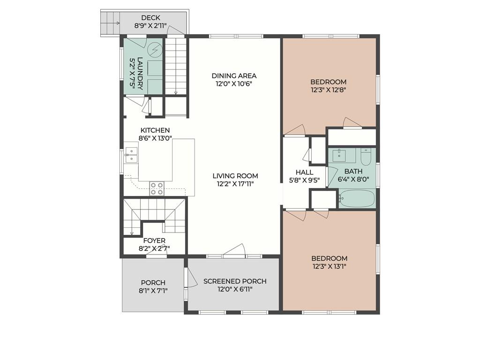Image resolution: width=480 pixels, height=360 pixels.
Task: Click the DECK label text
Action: pos(150,18)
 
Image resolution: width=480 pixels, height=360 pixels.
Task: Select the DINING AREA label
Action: pos(234,75)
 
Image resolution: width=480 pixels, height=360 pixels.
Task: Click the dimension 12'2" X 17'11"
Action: pos(235,184)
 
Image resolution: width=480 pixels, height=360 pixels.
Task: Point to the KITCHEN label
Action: pos(155,130)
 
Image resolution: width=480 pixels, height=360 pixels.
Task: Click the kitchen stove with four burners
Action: pos(157,188)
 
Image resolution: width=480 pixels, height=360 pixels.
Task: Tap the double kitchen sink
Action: pos(131,155)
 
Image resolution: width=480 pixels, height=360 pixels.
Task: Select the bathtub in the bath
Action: pos(357,198)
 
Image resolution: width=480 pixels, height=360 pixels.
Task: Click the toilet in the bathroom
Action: pos(366,157)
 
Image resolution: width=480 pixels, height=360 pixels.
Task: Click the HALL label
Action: pos(305,172)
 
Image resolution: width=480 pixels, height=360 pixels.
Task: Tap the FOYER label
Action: pos(154,240)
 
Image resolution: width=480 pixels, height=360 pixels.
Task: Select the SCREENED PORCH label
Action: pos(235,281)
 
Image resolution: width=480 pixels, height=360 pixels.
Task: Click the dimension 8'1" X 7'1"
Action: pos(153,291)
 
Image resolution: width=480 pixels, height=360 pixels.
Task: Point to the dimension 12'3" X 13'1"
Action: pos(330,266)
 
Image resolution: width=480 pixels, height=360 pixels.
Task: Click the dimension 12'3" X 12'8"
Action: pos(329,90)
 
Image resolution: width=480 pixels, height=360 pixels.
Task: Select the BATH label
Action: pos(353,172)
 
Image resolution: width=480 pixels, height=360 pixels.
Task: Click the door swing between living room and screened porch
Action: pos(235,249)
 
